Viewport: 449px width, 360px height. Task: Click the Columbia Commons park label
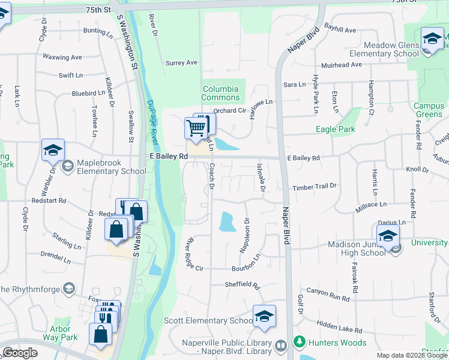coord(220,93)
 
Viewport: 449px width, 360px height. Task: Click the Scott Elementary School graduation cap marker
coord(264,317)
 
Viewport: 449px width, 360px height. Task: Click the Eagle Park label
coord(336,129)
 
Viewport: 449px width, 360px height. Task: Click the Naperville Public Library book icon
coord(280,346)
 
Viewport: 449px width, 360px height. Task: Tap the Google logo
coord(20,353)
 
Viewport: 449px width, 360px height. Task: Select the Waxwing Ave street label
coord(62,58)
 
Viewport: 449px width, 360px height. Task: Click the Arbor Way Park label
coord(64,333)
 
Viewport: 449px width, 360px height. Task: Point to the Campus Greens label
coord(429,110)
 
